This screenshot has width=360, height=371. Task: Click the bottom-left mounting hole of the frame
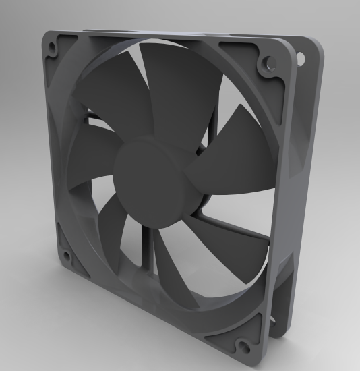(67, 256)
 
